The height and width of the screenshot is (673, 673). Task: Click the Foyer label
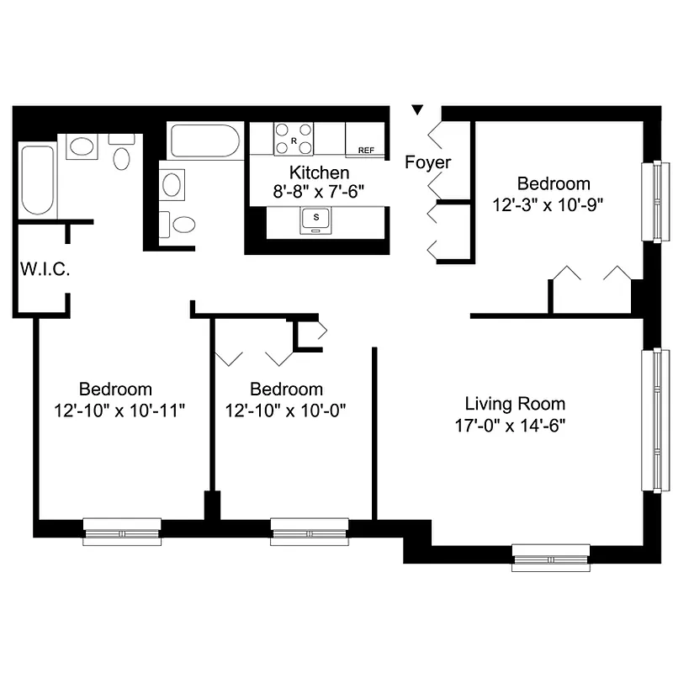coord(428,162)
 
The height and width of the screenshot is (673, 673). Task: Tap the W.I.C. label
coord(45,270)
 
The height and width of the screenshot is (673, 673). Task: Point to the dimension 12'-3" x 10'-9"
coord(549,203)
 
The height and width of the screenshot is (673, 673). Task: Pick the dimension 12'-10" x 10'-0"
coord(286,410)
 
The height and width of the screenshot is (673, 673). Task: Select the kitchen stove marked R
coord(294,139)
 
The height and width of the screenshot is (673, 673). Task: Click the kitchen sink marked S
coord(316,218)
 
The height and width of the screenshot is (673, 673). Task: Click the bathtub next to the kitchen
coord(204,141)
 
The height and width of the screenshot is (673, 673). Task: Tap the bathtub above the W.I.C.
coord(37,180)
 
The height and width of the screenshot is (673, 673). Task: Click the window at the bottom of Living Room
coord(551,556)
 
